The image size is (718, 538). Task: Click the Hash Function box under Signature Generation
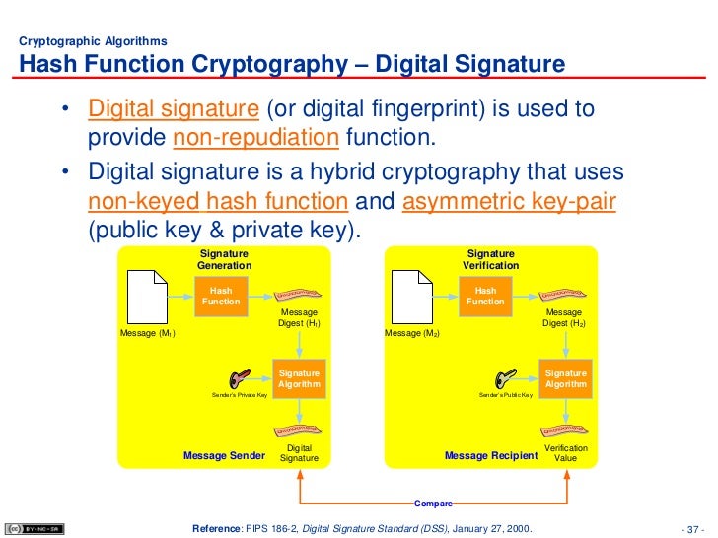click(x=221, y=296)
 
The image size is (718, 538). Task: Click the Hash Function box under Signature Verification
click(x=486, y=296)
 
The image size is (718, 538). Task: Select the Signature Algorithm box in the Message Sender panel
click(x=299, y=379)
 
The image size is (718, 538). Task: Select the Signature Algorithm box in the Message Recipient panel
click(x=565, y=379)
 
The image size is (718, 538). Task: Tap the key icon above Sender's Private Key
click(x=240, y=379)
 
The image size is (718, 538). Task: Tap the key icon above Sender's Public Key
click(x=506, y=379)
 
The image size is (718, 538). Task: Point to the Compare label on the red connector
click(x=433, y=504)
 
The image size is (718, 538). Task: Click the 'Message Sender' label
click(x=224, y=456)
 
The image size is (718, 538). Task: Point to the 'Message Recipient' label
click(x=491, y=456)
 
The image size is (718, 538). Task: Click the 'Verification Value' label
click(x=566, y=453)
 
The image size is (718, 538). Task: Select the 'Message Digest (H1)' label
click(x=299, y=317)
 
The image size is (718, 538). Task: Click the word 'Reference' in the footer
click(x=216, y=528)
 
